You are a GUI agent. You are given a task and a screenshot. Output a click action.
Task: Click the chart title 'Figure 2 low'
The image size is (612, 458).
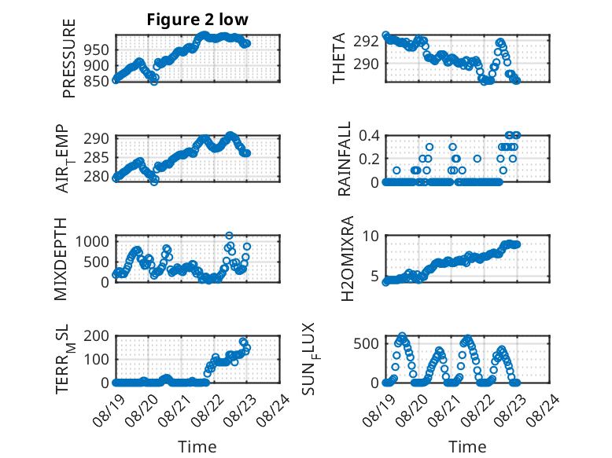click(197, 20)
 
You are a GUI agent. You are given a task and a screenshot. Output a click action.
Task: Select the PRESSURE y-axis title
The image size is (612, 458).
click(68, 58)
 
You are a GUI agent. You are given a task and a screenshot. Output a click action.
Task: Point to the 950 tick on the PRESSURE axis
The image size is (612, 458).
click(97, 50)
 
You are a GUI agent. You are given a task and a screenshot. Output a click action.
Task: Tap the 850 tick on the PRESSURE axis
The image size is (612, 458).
click(97, 81)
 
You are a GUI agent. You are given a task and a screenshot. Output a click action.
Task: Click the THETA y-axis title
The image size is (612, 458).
click(339, 58)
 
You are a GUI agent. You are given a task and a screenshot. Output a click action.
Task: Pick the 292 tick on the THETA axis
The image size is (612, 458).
click(366, 41)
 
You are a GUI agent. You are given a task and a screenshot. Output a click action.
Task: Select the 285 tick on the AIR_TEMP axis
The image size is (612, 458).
click(97, 158)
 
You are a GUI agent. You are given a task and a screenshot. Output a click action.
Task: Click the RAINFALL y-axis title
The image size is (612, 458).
click(345, 159)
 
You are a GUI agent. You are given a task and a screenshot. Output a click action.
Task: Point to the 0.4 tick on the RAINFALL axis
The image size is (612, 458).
click(369, 136)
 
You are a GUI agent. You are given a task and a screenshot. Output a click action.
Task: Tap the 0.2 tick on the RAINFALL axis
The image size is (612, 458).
click(369, 159)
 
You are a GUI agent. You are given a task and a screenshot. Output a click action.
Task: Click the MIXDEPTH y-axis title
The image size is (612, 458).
click(61, 259)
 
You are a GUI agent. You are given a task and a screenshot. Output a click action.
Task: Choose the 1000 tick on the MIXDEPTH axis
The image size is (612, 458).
click(92, 242)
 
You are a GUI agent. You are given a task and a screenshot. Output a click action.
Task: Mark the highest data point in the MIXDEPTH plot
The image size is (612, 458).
click(229, 236)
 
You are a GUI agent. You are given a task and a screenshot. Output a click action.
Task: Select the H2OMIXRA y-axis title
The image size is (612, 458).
click(347, 258)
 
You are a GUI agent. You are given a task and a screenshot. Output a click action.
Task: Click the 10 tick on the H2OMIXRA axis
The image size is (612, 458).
click(371, 236)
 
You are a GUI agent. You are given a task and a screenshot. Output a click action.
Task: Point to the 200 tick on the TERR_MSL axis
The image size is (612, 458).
click(97, 335)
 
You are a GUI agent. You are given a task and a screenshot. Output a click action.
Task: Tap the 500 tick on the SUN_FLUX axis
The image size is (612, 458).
click(366, 343)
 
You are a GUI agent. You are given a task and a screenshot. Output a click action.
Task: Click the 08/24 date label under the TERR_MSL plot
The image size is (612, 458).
click(274, 410)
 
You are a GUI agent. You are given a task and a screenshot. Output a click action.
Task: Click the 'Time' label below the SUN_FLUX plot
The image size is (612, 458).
click(467, 447)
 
